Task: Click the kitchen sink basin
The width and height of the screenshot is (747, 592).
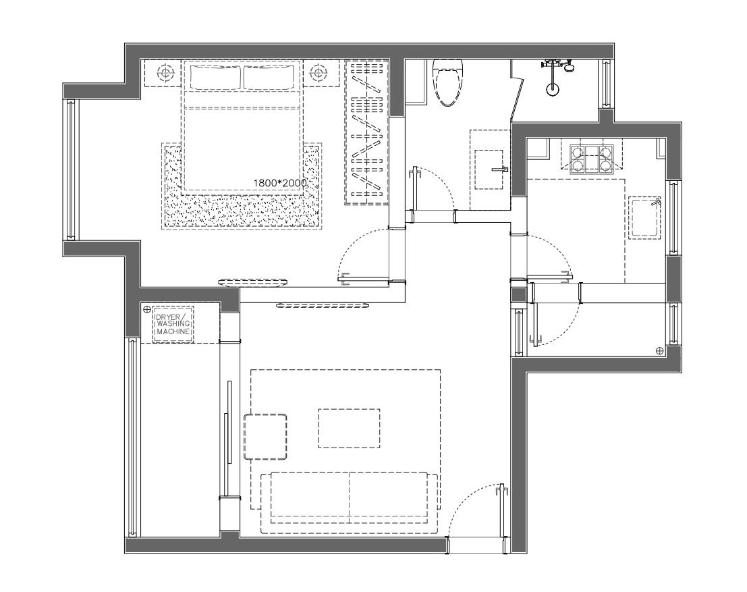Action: [x=645, y=217]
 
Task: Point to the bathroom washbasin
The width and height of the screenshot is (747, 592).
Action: [x=490, y=169]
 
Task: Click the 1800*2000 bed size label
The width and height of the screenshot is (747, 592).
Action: [x=280, y=183]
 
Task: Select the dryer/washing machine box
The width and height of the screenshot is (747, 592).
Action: [x=173, y=325]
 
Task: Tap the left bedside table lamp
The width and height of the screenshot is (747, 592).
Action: [x=163, y=73]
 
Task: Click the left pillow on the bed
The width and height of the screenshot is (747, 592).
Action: [x=214, y=78]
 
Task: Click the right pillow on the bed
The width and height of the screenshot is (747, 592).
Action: [x=270, y=78]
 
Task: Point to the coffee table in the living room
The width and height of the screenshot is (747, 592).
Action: [x=349, y=428]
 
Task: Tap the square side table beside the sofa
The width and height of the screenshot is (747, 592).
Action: [x=265, y=437]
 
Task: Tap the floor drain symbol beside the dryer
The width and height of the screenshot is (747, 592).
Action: [x=146, y=309]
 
